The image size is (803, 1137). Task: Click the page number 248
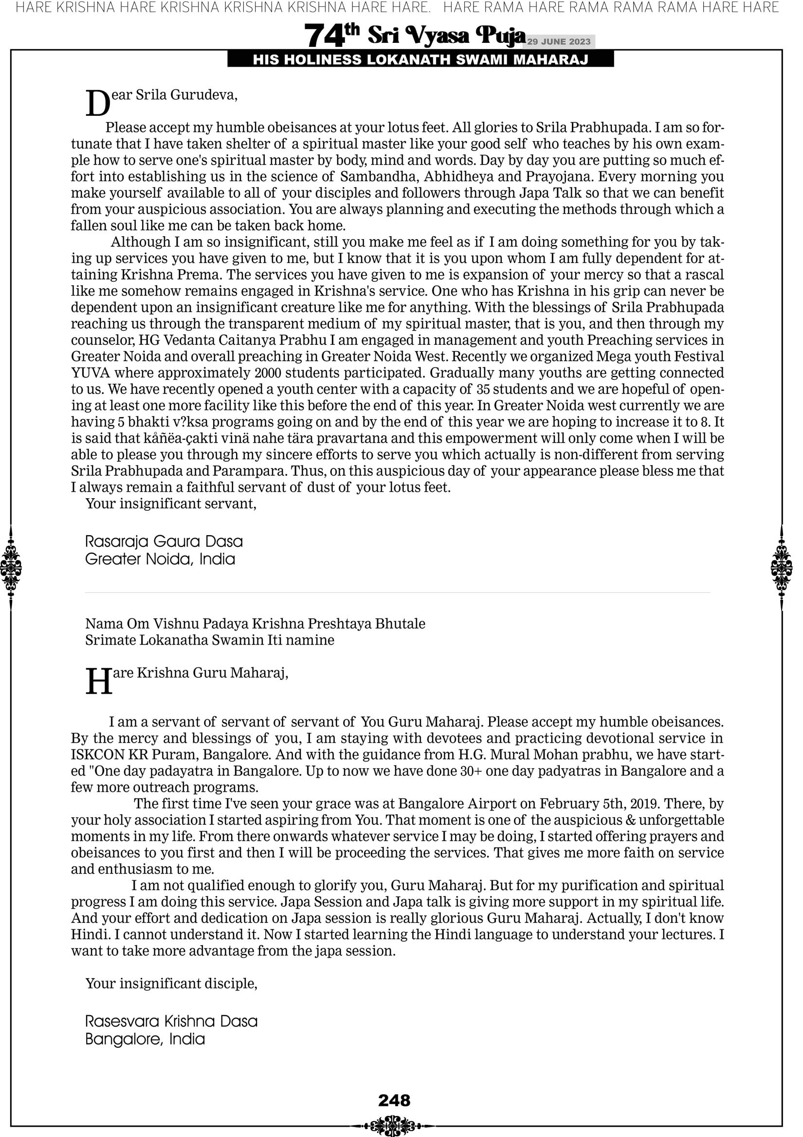394,1100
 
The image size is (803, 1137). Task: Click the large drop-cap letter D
98,104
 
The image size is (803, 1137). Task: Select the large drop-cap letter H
99,682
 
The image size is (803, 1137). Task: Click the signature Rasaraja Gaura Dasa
164,541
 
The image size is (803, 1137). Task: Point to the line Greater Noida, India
160,559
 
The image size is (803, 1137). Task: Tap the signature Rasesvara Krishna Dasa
171,1021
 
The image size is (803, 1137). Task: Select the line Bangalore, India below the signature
145,1039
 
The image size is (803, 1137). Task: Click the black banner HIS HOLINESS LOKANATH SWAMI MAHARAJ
420,60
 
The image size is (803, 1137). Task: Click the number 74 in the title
324,36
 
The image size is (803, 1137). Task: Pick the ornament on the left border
10,567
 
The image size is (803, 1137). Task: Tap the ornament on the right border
782,567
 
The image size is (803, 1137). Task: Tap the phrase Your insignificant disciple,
171,983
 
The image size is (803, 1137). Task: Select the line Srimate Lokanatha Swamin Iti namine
210,640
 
